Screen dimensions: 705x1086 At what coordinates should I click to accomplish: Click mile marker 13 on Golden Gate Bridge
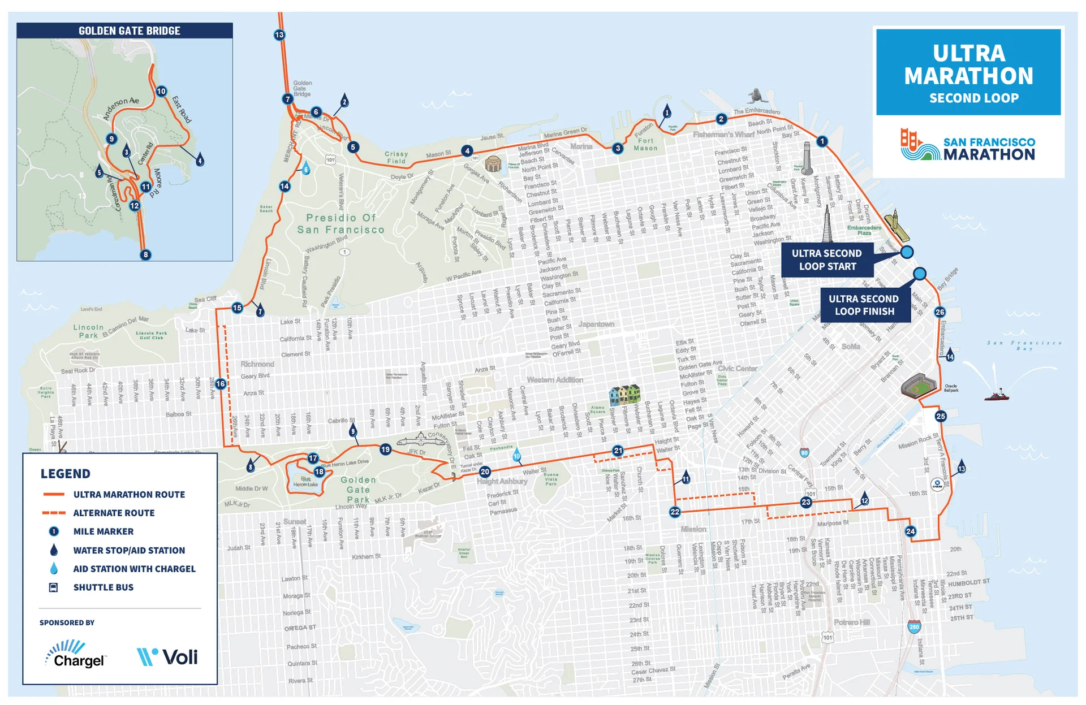[x=279, y=35]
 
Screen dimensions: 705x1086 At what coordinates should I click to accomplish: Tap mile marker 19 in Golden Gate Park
[x=385, y=449]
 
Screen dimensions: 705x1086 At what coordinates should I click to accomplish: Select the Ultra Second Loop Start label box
[x=826, y=260]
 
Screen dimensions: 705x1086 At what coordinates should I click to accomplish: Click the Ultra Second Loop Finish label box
[x=864, y=305]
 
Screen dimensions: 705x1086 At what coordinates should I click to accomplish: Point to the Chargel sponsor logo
[x=75, y=655]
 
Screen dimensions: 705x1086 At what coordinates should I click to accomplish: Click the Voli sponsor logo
[x=167, y=657]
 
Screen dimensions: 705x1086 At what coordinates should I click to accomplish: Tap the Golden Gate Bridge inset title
[x=129, y=31]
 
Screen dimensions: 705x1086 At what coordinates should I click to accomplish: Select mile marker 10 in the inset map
[x=161, y=91]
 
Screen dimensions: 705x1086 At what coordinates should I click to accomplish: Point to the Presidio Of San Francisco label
[x=341, y=224]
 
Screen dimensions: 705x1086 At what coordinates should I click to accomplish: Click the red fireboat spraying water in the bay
[x=996, y=395]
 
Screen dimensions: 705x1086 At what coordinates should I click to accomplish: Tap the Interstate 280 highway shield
[x=914, y=626]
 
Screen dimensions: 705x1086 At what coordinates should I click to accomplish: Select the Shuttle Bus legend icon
[x=54, y=587]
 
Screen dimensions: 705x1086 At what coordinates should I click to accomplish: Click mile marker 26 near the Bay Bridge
[x=940, y=312]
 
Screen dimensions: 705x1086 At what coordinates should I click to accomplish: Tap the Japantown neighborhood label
[x=596, y=324]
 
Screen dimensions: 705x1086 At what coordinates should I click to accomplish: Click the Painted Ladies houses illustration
[x=624, y=395]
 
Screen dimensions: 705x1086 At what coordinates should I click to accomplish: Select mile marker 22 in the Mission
[x=675, y=512]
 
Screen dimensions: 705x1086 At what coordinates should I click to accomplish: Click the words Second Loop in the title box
[x=973, y=98]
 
